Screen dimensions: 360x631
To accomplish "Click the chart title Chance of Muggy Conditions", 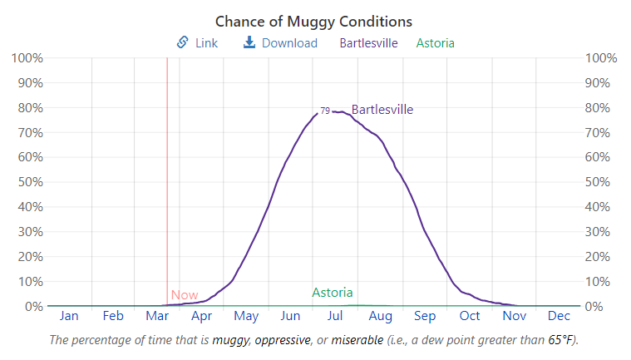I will (x=313, y=21).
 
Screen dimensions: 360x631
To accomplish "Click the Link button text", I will (x=206, y=43).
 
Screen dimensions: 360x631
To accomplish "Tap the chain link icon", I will (x=183, y=42).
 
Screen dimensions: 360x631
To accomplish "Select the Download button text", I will (x=289, y=43).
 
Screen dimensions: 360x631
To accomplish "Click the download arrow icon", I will (x=249, y=42).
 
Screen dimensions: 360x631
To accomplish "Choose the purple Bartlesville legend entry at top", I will (x=368, y=43).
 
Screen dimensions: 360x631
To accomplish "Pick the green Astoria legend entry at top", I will (x=435, y=43).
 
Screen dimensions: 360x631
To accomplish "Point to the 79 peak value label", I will (x=325, y=111).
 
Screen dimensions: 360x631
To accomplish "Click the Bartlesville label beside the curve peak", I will (x=382, y=110).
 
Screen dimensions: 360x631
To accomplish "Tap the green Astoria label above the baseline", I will (x=333, y=293).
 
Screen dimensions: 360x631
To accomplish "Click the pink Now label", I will (x=185, y=295).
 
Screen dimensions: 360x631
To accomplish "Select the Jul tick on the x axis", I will (x=335, y=316).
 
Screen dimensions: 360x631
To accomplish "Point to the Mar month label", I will (x=157, y=316).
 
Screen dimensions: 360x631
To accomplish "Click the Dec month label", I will (x=559, y=316).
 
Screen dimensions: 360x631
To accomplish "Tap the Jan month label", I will (x=69, y=316).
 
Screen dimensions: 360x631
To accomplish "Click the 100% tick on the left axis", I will (x=27, y=58).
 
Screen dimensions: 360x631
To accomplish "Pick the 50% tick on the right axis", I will (x=601, y=182).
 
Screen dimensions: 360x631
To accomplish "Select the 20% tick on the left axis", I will (x=29, y=257).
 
